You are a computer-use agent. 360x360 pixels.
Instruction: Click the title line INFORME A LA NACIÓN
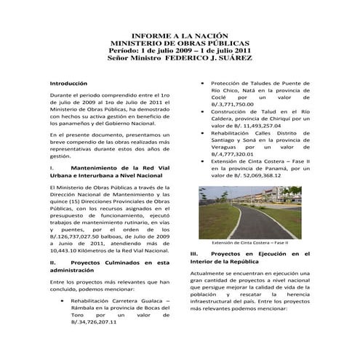pos(180,36)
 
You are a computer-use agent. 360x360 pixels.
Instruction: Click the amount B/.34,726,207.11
pos(89,321)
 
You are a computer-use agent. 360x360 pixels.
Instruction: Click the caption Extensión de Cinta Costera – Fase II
pos(250,242)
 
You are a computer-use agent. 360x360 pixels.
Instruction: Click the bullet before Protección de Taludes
pos(204,84)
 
